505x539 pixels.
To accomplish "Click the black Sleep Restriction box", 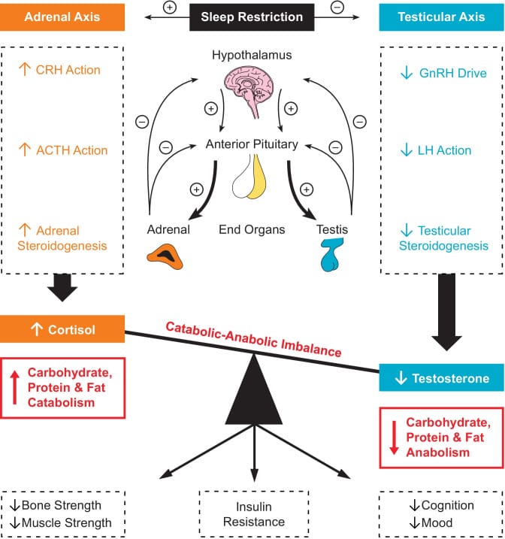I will click(252, 16).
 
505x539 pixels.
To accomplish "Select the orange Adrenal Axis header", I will click(62, 16).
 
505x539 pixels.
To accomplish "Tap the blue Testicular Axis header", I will click(441, 16).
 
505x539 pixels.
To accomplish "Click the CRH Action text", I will click(68, 71).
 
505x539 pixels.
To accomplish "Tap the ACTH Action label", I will click(71, 150).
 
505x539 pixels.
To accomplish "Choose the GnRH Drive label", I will click(441, 74).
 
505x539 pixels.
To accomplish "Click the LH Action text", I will click(443, 150).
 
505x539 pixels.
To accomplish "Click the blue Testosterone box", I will click(441, 377).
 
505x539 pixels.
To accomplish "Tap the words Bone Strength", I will click(66, 505).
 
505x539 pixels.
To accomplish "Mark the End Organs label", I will click(252, 230).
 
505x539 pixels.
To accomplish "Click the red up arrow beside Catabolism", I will click(16, 387).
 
